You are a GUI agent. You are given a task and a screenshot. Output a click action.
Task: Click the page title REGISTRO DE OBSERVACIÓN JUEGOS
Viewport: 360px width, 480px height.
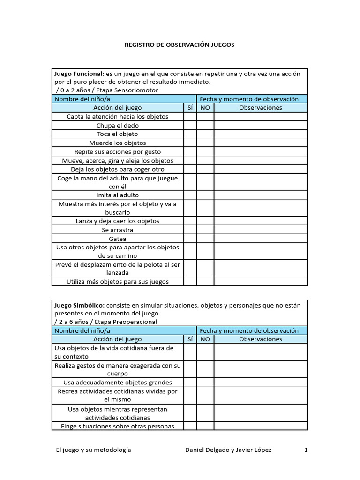point(180,45)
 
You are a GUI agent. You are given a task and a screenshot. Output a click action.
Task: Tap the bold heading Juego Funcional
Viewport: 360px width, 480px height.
point(79,74)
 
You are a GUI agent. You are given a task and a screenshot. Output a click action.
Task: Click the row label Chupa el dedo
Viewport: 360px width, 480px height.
point(118,126)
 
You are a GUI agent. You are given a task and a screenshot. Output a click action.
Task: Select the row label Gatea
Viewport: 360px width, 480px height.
point(118,239)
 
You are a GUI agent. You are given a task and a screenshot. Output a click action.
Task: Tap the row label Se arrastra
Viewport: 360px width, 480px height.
point(118,230)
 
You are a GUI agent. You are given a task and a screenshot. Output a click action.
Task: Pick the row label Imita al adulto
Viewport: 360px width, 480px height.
point(118,195)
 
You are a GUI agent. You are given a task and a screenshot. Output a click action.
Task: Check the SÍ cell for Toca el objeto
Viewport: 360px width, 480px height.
point(190,134)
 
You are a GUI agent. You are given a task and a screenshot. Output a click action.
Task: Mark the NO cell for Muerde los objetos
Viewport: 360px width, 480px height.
point(205,143)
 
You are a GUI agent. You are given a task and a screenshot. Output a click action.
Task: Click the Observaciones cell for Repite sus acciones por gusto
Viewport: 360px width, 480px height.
point(261,152)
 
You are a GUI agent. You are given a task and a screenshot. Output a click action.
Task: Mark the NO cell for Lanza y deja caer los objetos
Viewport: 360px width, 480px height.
point(205,221)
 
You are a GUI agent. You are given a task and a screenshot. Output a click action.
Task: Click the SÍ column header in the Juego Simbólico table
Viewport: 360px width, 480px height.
point(190,339)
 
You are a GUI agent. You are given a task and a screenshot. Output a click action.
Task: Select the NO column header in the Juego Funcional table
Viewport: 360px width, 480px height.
point(205,107)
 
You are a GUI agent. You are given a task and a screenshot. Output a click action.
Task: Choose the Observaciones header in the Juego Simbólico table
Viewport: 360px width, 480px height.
point(261,339)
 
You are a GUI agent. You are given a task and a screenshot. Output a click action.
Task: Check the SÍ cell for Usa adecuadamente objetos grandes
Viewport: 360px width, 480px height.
point(190,382)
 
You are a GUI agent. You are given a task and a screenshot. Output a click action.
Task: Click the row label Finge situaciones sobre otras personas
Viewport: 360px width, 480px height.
point(118,426)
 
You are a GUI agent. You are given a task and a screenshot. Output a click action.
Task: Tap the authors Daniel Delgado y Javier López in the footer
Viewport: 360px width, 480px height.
point(228,450)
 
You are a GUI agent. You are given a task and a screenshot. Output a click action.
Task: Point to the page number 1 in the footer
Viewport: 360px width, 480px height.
point(306,450)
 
